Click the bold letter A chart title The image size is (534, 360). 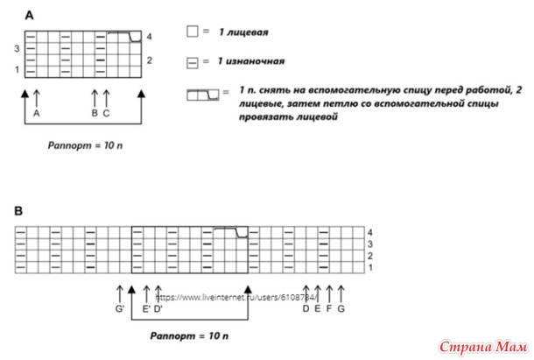[x=31, y=16]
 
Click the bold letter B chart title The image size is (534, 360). [x=19, y=211]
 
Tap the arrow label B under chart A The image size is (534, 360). [x=95, y=113]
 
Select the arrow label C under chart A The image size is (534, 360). [x=106, y=113]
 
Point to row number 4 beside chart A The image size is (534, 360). [x=150, y=37]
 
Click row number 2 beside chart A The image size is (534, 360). [x=150, y=60]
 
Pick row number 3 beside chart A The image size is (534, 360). [x=17, y=49]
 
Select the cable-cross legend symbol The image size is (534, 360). [x=203, y=92]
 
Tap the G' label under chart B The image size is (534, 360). [x=120, y=308]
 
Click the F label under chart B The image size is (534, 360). [x=328, y=308]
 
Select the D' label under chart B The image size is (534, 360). [x=159, y=308]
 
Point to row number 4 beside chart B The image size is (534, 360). [x=371, y=232]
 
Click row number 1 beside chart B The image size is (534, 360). [x=371, y=267]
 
